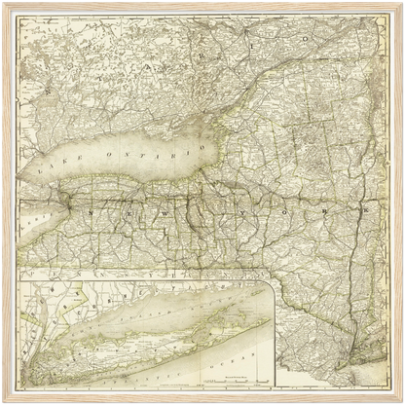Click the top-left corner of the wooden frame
(x=4, y=4)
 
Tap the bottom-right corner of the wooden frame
(x=401, y=401)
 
